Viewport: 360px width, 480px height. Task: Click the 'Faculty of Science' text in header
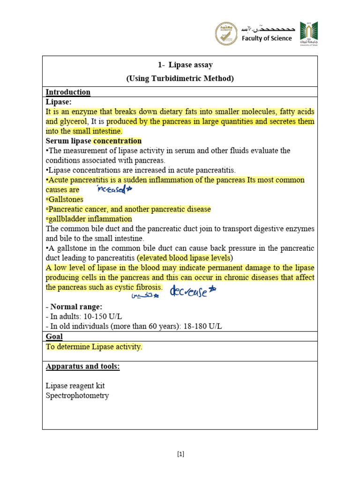(x=266, y=38)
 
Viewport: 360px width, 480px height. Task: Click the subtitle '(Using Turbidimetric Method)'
(x=180, y=78)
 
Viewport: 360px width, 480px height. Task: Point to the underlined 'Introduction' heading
(x=68, y=92)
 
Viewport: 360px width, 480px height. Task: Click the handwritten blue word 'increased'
(x=114, y=189)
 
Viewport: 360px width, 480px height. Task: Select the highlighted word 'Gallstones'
(x=65, y=200)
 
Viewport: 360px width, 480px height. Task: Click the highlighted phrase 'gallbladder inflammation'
(x=90, y=219)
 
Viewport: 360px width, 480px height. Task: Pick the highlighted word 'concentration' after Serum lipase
(x=117, y=141)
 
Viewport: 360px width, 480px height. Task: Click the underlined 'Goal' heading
(x=54, y=337)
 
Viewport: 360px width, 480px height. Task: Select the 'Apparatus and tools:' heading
(x=82, y=366)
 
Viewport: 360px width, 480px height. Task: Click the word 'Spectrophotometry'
(x=77, y=395)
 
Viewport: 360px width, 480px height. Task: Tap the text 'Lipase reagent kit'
(x=75, y=386)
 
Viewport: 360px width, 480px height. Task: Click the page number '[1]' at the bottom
(x=180, y=454)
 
